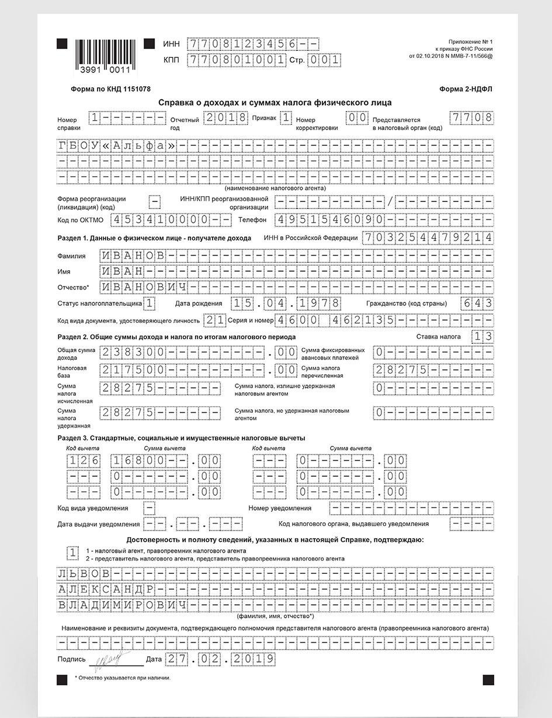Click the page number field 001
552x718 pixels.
point(324,60)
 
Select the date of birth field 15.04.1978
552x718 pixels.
point(286,303)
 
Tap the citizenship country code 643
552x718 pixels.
point(476,303)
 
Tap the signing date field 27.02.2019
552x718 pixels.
point(220,658)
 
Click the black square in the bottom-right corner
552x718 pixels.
point(488,679)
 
